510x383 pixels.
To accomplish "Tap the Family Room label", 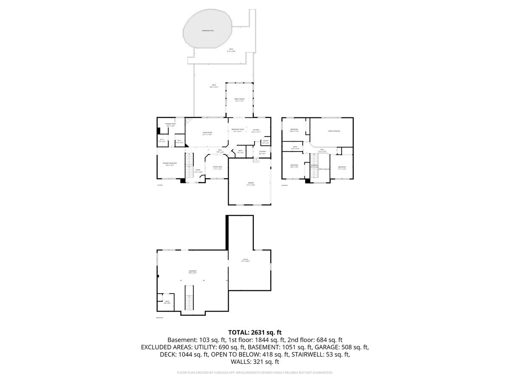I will point(239,100).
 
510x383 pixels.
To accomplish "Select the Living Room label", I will point(207,133).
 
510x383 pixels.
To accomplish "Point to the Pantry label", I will point(265,142).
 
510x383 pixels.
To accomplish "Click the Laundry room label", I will point(262,152).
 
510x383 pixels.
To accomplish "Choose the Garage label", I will point(251,184).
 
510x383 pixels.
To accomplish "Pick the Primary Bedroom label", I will point(170,164).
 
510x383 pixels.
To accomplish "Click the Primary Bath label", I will point(171,124).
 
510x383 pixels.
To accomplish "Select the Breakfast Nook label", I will point(238,130).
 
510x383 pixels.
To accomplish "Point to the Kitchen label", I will point(256,130).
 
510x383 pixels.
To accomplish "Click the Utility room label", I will point(245,260).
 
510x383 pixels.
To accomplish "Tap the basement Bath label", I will point(167,302).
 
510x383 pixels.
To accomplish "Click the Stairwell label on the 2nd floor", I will point(314,166).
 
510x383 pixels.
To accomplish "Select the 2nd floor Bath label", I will point(295,148).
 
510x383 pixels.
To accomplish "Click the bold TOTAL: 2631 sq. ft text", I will point(255,332).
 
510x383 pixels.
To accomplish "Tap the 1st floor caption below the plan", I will point(160,185).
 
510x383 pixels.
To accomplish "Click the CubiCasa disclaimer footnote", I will point(255,373).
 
